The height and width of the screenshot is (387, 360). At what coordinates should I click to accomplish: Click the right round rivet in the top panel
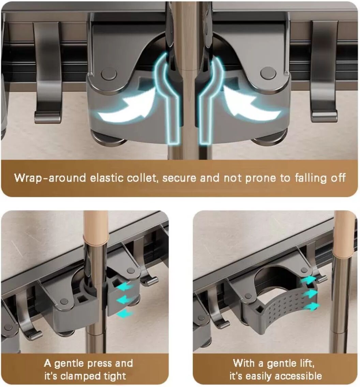[268, 74]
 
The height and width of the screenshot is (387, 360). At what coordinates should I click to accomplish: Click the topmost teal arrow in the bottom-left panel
[124, 287]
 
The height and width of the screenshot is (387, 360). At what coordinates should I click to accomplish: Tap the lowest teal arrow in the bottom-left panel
[124, 313]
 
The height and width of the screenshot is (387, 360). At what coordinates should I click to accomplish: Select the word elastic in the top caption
[106, 178]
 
